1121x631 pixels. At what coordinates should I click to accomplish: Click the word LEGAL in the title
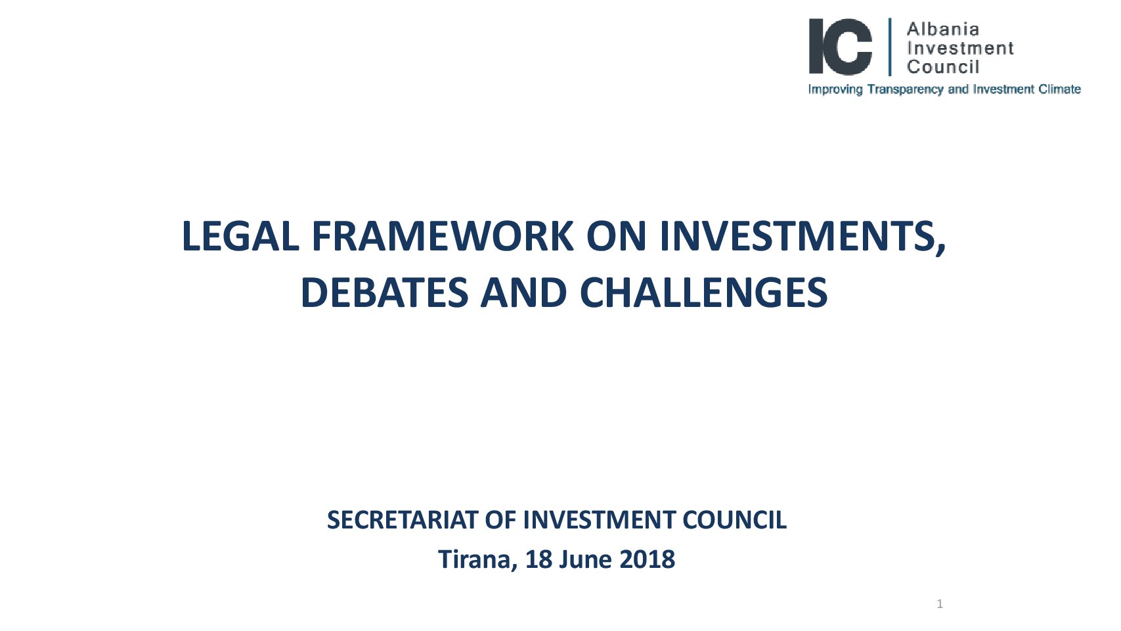[x=240, y=236]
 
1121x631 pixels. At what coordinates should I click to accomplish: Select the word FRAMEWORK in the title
[x=443, y=236]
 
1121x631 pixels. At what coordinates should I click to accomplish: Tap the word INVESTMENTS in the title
[x=802, y=237]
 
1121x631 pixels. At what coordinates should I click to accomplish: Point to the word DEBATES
[x=384, y=293]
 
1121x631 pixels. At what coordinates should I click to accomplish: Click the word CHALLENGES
[x=703, y=293]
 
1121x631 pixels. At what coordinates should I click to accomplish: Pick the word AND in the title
[x=523, y=293]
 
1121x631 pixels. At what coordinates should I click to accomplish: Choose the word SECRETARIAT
[x=403, y=520]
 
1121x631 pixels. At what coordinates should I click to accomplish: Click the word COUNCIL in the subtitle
[x=735, y=520]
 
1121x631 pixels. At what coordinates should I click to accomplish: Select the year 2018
[x=647, y=559]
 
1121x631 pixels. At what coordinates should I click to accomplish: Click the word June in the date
[x=585, y=559]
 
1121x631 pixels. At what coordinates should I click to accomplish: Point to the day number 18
[x=539, y=559]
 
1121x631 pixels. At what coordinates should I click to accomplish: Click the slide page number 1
[x=940, y=604]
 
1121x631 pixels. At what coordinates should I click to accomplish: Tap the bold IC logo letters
[x=841, y=47]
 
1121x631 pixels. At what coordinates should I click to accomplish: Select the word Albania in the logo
[x=943, y=30]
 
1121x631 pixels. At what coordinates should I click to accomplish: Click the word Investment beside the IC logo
[x=960, y=49]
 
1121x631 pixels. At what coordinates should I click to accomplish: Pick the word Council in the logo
[x=943, y=67]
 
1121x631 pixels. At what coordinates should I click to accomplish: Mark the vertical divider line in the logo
[x=890, y=47]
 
